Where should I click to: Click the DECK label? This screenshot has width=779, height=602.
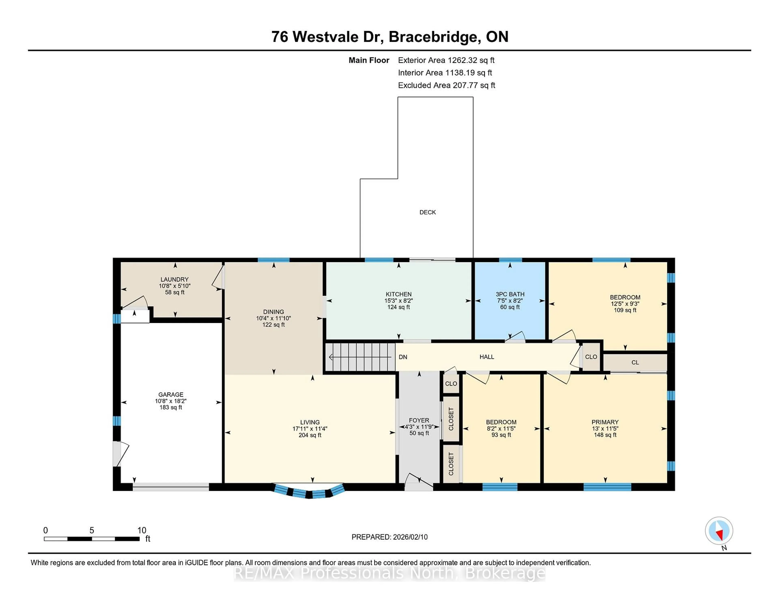point(427,212)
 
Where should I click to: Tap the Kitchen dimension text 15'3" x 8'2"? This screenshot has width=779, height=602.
point(398,301)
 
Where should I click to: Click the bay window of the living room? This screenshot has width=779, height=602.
point(309,492)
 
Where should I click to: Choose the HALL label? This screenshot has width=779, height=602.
point(486,357)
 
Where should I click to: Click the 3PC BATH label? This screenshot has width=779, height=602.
point(510,294)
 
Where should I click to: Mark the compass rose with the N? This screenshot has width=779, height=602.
point(719,531)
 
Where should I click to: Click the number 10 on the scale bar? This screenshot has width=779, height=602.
point(142,530)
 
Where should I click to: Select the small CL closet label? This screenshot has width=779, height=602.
point(635,362)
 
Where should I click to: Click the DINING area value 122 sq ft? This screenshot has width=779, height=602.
point(274,325)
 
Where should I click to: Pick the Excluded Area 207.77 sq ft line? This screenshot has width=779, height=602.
point(446,85)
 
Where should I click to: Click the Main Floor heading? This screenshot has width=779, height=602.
point(369,60)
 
